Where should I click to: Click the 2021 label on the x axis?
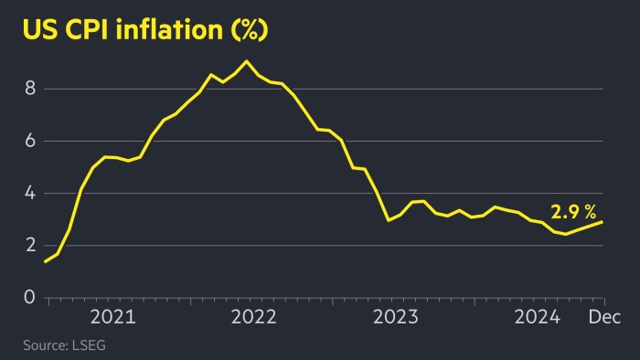click(113, 317)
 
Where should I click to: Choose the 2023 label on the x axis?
click(396, 317)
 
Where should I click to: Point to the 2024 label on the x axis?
click(538, 317)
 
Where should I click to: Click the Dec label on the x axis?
click(603, 317)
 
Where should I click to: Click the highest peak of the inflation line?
click(246, 61)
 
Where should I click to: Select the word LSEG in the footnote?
click(102, 345)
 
